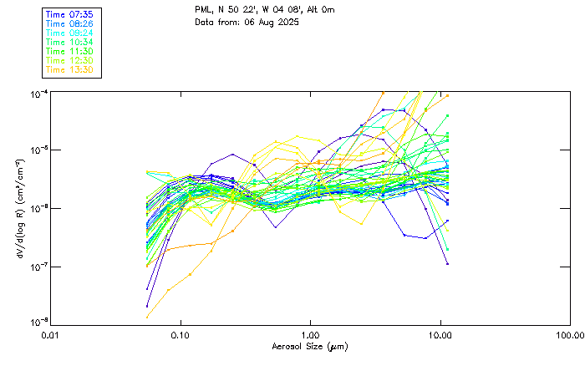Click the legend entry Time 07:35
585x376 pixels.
click(x=69, y=15)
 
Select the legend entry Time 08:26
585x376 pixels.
click(x=69, y=24)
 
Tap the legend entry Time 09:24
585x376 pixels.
click(x=69, y=33)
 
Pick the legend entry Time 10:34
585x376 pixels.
click(x=69, y=42)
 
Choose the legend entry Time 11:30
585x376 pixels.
click(x=69, y=51)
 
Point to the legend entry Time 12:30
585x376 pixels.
click(x=69, y=60)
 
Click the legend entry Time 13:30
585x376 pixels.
click(x=69, y=69)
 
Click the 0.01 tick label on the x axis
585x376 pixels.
click(x=51, y=336)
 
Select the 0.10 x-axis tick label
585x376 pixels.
click(x=181, y=336)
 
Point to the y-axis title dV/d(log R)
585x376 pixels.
click(x=18, y=207)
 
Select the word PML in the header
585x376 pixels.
click(x=203, y=9)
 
